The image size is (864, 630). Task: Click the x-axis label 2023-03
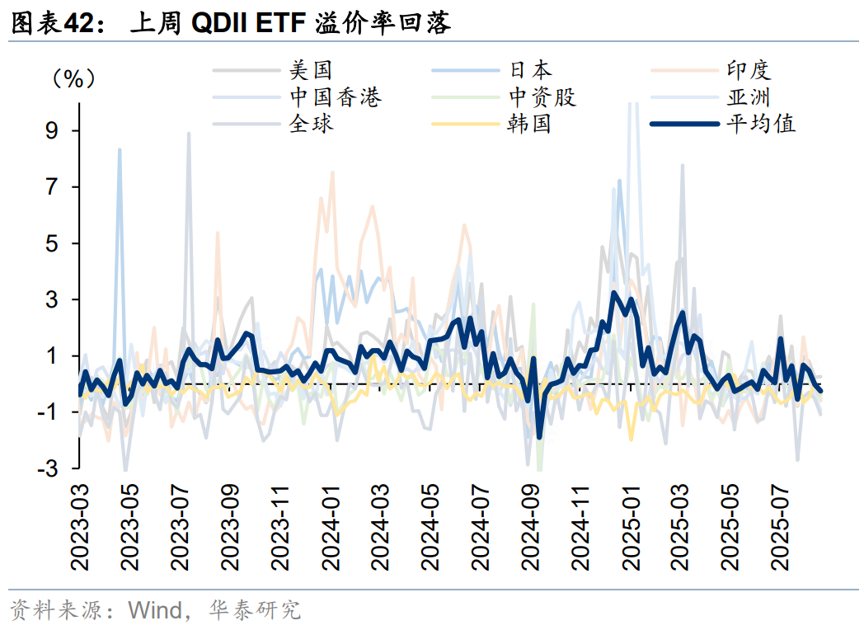80,528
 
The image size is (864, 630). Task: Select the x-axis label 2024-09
532,528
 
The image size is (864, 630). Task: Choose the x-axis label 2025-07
782,528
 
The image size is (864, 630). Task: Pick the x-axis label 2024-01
331,528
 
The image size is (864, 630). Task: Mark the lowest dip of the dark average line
539,437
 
